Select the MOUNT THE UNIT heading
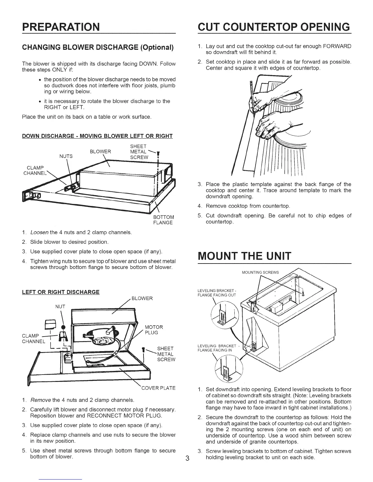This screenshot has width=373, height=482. tap(244, 256)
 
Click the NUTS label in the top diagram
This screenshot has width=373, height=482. tap(66, 156)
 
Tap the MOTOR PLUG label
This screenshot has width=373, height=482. tap(154, 330)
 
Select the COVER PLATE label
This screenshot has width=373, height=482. tap(158, 388)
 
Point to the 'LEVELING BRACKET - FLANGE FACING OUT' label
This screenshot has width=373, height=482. tap(217, 292)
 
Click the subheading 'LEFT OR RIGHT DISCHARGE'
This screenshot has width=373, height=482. tap(61, 292)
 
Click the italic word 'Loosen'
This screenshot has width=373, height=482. tap(39, 233)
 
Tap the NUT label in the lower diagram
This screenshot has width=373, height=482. tap(61, 306)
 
